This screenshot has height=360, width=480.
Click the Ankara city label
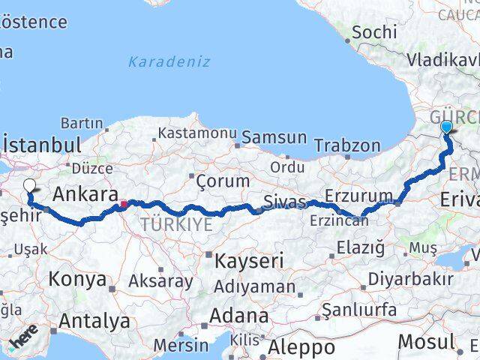(85, 195)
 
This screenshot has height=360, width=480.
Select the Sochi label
(374, 32)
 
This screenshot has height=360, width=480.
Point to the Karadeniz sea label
(169, 62)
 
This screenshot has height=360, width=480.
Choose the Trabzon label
(347, 145)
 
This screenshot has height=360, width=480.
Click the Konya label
(77, 280)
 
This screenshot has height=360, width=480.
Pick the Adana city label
(239, 315)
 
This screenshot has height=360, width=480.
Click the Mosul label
(426, 341)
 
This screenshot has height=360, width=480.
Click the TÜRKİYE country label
(175, 223)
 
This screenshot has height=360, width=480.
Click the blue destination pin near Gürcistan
(447, 127)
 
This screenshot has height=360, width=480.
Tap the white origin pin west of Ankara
(29, 187)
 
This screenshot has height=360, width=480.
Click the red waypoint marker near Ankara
(123, 202)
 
